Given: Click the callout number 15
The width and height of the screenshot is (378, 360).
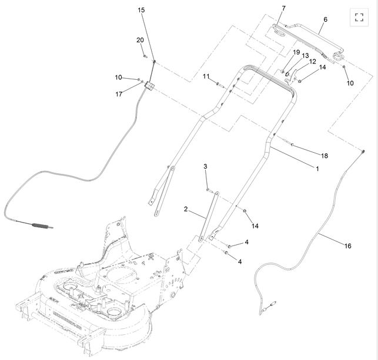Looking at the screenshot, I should [141, 10].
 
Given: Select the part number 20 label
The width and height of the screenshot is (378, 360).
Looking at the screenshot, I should [140, 40].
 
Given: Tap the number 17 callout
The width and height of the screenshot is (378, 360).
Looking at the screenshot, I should [119, 94].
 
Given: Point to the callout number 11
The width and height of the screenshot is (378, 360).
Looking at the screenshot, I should [206, 76].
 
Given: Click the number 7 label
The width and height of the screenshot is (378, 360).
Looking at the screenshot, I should [283, 8].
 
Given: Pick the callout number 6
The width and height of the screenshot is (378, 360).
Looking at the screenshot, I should [325, 19].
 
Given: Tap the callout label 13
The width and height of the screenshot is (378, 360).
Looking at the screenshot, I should [305, 56].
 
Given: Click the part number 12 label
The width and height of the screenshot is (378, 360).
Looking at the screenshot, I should [313, 61].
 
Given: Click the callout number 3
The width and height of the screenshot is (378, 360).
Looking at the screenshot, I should [206, 167].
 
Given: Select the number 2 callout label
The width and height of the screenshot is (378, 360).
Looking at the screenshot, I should [186, 209].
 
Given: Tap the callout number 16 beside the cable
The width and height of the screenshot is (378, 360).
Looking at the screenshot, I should [347, 246].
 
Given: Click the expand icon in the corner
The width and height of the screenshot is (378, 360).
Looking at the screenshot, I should [360, 16].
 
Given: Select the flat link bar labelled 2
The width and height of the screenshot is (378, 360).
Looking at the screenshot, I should [208, 214].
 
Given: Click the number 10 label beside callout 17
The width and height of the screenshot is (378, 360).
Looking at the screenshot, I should [119, 78].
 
